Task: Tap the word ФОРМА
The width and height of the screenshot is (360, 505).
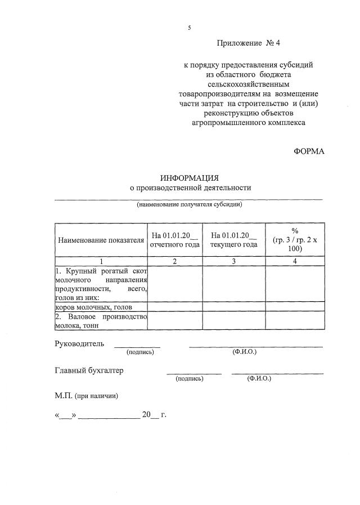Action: tap(309, 151)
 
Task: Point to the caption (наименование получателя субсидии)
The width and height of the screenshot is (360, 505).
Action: tap(189, 204)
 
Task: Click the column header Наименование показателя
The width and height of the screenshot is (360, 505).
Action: tap(101, 240)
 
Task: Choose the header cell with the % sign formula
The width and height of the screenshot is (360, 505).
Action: tap(295, 240)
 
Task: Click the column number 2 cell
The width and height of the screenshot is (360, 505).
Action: tap(175, 261)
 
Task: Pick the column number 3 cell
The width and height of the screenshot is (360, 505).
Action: tap(234, 261)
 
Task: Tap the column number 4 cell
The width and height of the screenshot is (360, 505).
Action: tap(295, 261)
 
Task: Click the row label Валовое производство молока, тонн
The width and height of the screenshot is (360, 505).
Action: tap(101, 321)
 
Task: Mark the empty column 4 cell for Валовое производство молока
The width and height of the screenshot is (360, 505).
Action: tap(295, 321)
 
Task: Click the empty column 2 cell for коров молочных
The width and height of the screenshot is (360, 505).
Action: tap(175, 307)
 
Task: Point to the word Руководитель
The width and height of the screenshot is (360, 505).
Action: tap(79, 343)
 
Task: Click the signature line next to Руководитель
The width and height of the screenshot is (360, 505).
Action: tap(137, 346)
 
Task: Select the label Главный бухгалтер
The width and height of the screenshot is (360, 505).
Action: tap(89, 370)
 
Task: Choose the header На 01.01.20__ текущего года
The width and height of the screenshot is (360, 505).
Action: tap(234, 240)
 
